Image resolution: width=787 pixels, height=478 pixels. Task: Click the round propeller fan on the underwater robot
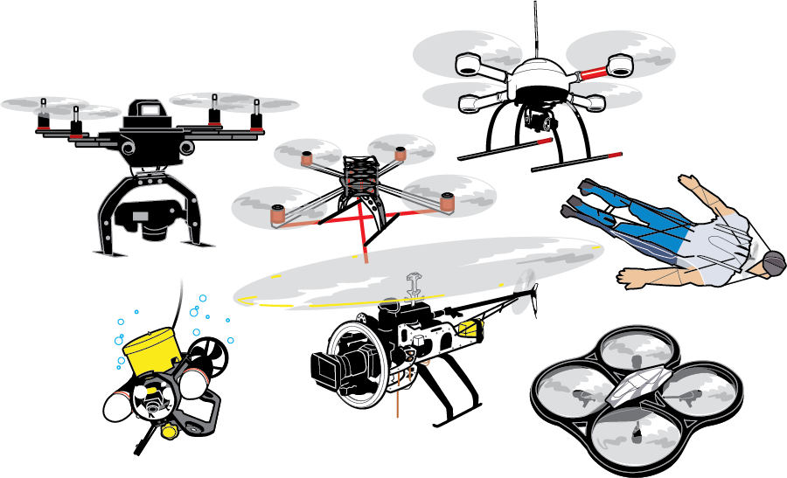(209, 354)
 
